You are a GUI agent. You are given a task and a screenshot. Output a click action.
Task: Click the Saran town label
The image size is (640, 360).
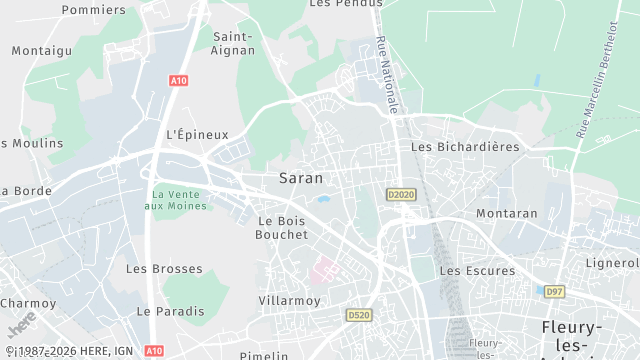point(300,178)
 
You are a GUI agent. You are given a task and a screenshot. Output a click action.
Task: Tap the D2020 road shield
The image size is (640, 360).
point(399,194)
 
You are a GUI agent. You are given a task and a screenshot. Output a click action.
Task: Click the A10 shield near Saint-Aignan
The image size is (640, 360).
point(178,81)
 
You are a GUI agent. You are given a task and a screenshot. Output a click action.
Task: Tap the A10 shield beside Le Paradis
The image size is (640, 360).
point(153,351)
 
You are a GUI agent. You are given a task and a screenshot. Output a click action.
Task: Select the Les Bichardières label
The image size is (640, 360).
point(465,146)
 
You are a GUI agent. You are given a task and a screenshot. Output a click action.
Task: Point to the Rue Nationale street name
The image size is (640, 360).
point(389,74)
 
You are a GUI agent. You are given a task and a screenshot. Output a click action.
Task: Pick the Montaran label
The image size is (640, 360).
point(507,213)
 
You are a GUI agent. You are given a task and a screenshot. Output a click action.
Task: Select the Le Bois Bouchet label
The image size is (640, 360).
point(283,227)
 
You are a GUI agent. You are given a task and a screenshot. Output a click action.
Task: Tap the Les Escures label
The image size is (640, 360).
point(477,270)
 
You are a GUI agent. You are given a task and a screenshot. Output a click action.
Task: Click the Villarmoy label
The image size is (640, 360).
point(289,300)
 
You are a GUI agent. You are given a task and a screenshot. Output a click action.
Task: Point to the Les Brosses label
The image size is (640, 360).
point(164,269)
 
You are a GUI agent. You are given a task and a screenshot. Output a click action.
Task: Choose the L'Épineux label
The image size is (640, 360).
point(197,134)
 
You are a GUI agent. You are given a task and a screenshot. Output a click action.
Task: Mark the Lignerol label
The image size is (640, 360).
point(612,263)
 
